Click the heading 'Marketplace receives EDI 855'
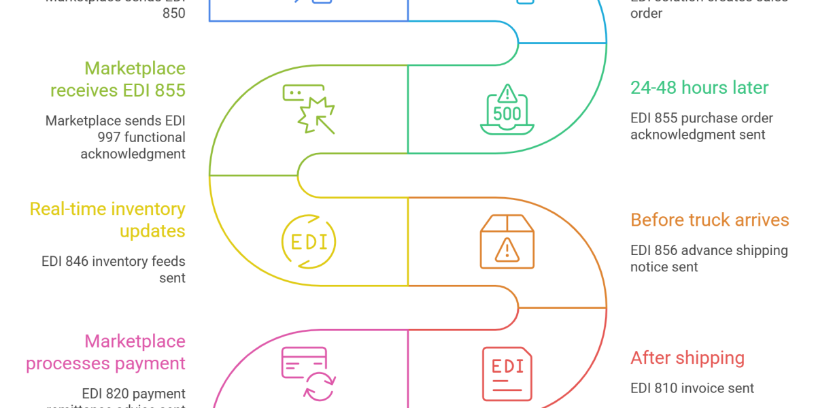(x=135, y=79)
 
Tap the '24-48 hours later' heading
(x=699, y=88)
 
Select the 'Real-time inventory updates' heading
(x=107, y=220)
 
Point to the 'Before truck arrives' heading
(x=710, y=220)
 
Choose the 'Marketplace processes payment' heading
(x=105, y=352)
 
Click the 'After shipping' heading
(x=687, y=358)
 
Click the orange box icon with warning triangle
(x=507, y=241)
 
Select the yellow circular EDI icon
(x=309, y=241)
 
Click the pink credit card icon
(x=305, y=373)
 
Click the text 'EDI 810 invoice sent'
(x=692, y=388)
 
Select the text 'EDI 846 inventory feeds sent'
(x=114, y=269)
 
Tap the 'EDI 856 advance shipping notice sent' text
(x=709, y=258)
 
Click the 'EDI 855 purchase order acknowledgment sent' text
(x=701, y=126)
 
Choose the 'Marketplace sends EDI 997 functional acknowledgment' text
(x=116, y=137)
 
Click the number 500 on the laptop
(x=507, y=114)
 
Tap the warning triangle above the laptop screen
(x=507, y=92)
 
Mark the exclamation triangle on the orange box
(x=507, y=250)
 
